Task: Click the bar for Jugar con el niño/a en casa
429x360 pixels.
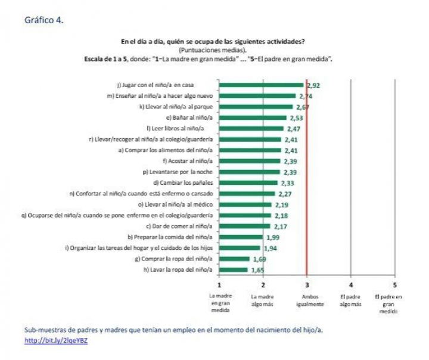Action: (261, 85)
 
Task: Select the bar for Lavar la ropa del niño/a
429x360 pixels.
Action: (233, 270)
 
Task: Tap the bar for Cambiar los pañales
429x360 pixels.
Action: (248, 183)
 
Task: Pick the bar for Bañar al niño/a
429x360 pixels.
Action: (253, 118)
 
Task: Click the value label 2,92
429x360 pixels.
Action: (313, 86)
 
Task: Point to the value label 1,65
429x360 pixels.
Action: (257, 270)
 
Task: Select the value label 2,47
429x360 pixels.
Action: (293, 129)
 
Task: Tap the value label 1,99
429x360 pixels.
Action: (272, 237)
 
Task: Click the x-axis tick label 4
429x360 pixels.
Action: (350, 285)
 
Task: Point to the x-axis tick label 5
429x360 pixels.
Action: (394, 285)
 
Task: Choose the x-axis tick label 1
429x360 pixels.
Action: (219, 285)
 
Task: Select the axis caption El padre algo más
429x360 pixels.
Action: (351, 300)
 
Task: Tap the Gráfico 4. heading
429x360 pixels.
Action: (44, 20)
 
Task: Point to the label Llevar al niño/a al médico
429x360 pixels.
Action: (182, 204)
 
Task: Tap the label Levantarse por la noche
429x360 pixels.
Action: (178, 172)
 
